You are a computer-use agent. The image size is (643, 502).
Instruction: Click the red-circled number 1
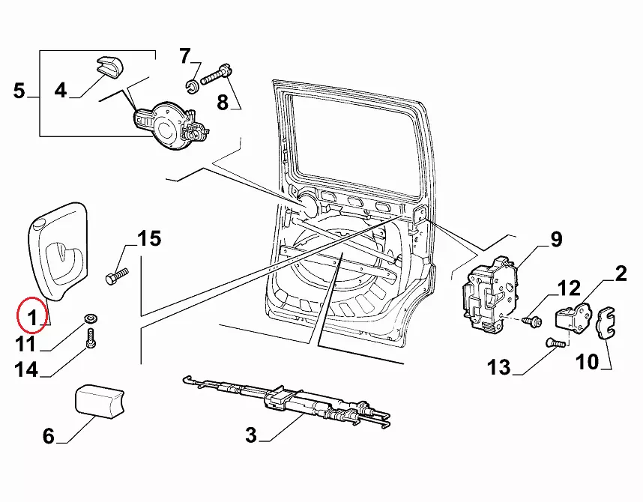point(31,319)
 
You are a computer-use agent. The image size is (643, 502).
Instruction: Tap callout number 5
point(19,92)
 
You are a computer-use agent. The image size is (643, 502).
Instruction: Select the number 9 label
point(555,239)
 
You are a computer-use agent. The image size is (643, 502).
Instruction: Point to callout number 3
point(251,435)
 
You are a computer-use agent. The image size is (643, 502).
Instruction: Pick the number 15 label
point(149,239)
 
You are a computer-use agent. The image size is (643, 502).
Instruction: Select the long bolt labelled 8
point(214,74)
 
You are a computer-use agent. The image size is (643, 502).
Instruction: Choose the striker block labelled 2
point(573,318)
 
